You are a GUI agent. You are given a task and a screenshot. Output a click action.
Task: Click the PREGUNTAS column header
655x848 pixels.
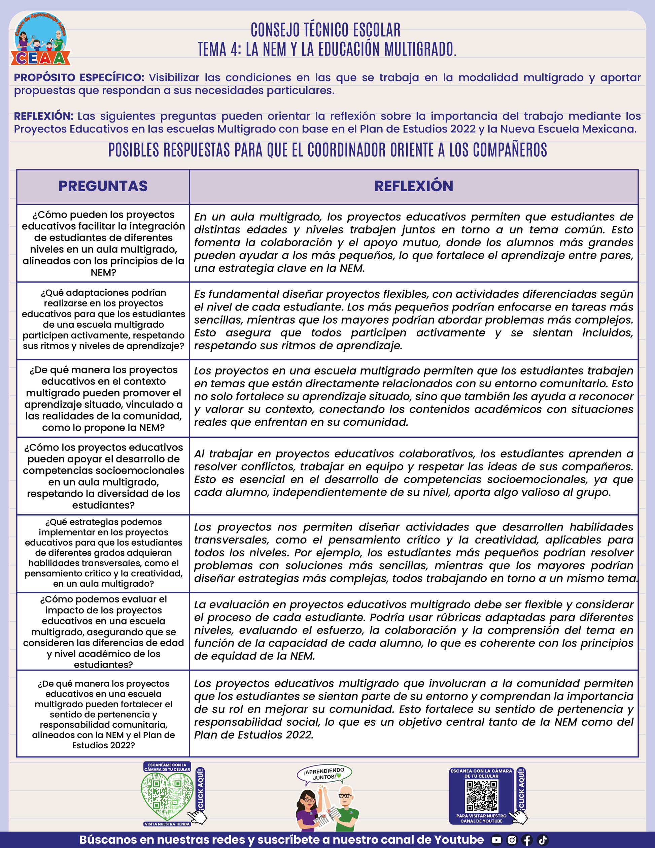(103, 186)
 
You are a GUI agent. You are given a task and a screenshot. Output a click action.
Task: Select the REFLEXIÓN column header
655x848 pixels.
(414, 186)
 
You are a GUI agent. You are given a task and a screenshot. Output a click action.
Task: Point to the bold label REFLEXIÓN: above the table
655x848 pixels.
(43, 116)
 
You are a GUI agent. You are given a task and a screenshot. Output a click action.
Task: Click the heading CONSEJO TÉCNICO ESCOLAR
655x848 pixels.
(325, 30)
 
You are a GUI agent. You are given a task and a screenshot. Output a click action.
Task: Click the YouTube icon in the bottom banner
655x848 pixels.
(496, 840)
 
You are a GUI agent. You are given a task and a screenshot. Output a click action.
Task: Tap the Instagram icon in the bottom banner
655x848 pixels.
(512, 840)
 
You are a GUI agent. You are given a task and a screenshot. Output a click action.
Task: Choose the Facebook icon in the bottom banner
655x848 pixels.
(527, 840)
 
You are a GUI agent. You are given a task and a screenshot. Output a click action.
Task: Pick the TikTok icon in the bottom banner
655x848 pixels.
(543, 840)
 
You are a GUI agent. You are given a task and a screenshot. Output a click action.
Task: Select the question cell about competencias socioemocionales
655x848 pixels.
(103, 476)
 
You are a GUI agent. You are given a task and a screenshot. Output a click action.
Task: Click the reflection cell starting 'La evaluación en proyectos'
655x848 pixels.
(414, 630)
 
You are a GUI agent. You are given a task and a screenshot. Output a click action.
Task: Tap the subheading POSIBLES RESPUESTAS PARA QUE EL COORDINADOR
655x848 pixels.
(327, 150)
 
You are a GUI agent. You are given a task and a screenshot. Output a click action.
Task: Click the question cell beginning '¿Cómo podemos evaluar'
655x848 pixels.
(103, 631)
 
